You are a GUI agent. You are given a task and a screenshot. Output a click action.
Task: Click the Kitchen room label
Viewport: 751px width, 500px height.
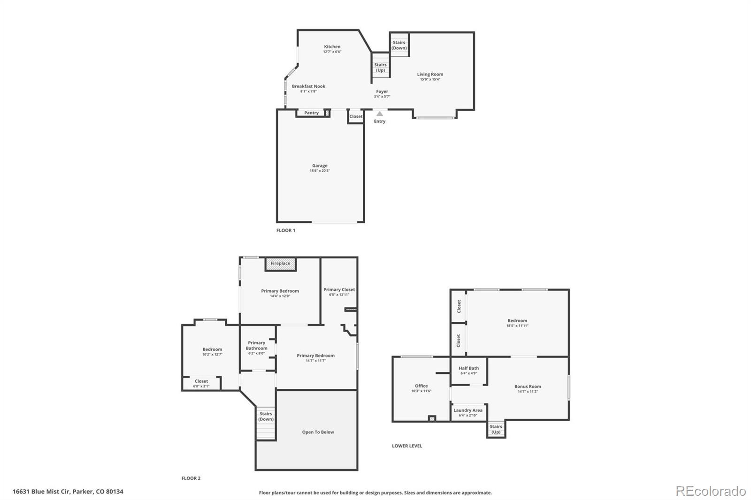click(332, 46)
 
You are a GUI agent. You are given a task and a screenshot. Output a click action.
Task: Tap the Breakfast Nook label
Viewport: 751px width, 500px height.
click(308, 86)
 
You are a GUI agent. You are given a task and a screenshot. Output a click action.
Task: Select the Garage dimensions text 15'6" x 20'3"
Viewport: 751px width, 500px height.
click(320, 171)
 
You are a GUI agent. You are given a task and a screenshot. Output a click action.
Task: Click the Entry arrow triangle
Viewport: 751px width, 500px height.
click(379, 114)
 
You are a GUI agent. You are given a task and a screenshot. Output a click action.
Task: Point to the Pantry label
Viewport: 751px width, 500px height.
click(311, 113)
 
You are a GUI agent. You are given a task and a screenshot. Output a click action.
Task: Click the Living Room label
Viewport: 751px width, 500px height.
click(430, 74)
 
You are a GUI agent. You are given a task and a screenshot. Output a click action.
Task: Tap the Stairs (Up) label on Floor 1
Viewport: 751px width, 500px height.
click(380, 68)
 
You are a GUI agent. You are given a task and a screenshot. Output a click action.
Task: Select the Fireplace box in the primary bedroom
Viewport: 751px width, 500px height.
click(281, 264)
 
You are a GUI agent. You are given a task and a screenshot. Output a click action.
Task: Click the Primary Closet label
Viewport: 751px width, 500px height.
click(339, 289)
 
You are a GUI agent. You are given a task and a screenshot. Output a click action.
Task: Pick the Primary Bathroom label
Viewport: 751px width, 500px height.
click(257, 346)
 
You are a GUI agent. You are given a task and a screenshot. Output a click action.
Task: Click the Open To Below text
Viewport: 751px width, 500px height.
click(318, 432)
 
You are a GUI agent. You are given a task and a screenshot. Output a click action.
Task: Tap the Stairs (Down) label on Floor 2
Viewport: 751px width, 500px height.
click(266, 417)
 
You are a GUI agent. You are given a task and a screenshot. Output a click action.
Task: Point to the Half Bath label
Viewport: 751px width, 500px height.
click(468, 368)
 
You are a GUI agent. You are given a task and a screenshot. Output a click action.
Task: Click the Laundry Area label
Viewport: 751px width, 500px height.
click(467, 410)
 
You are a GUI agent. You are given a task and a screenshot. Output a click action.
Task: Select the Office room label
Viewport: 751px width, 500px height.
click(421, 386)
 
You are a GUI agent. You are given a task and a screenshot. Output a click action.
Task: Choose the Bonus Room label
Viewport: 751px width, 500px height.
click(528, 386)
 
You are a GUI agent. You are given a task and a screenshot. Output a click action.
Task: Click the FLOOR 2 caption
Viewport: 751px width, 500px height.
click(191, 478)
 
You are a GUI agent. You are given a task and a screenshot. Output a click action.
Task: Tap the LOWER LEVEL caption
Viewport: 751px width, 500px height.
click(407, 446)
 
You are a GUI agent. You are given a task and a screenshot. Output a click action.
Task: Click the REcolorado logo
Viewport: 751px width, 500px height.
click(711, 491)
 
